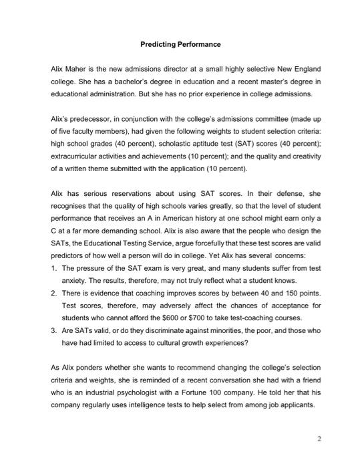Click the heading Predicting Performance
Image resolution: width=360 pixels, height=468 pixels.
tap(180, 44)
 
